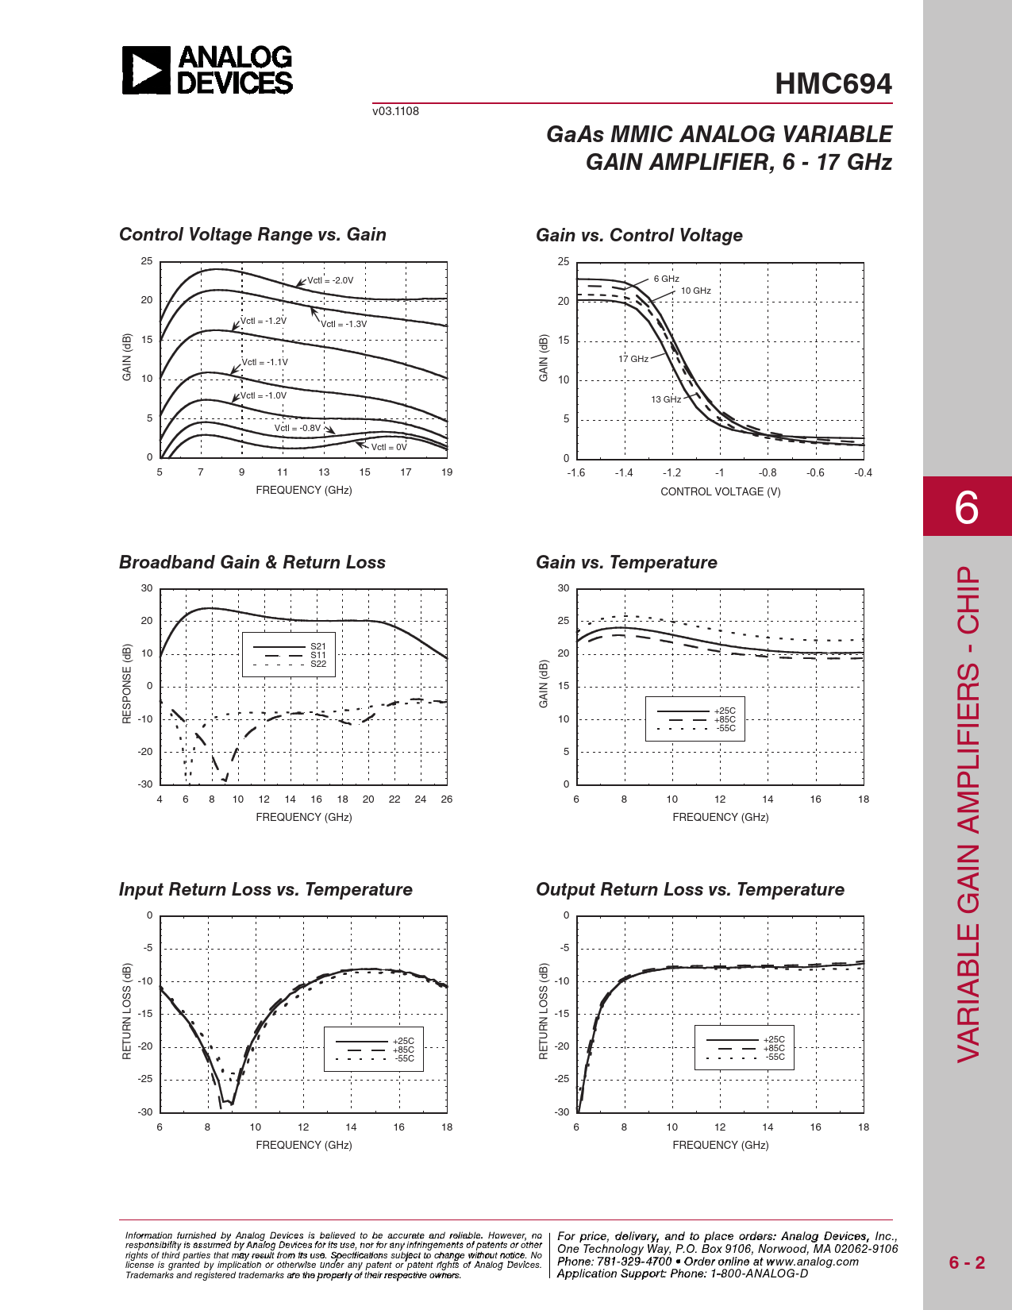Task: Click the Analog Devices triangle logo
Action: [x=146, y=70]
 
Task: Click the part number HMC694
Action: [x=833, y=84]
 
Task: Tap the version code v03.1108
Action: [x=395, y=111]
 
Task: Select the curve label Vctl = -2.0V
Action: [x=330, y=280]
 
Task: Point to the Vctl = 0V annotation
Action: [x=389, y=447]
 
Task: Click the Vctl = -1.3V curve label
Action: [x=344, y=324]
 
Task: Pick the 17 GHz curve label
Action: [x=633, y=359]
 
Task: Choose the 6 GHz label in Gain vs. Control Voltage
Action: [x=666, y=279]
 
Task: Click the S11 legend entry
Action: [x=317, y=655]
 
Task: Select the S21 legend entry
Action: [x=317, y=646]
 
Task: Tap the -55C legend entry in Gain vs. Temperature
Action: [x=725, y=728]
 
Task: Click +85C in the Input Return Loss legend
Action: [x=403, y=1050]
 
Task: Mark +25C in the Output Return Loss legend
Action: [x=774, y=1039]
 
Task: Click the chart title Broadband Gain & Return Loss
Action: [x=252, y=562]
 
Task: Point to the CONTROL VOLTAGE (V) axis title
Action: [x=720, y=491]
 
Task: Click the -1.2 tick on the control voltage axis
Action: [x=671, y=472]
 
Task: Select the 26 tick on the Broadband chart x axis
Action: [x=446, y=799]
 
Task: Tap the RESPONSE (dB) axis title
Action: [x=126, y=684]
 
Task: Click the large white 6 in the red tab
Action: [x=966, y=507]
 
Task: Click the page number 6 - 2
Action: [x=967, y=1262]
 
